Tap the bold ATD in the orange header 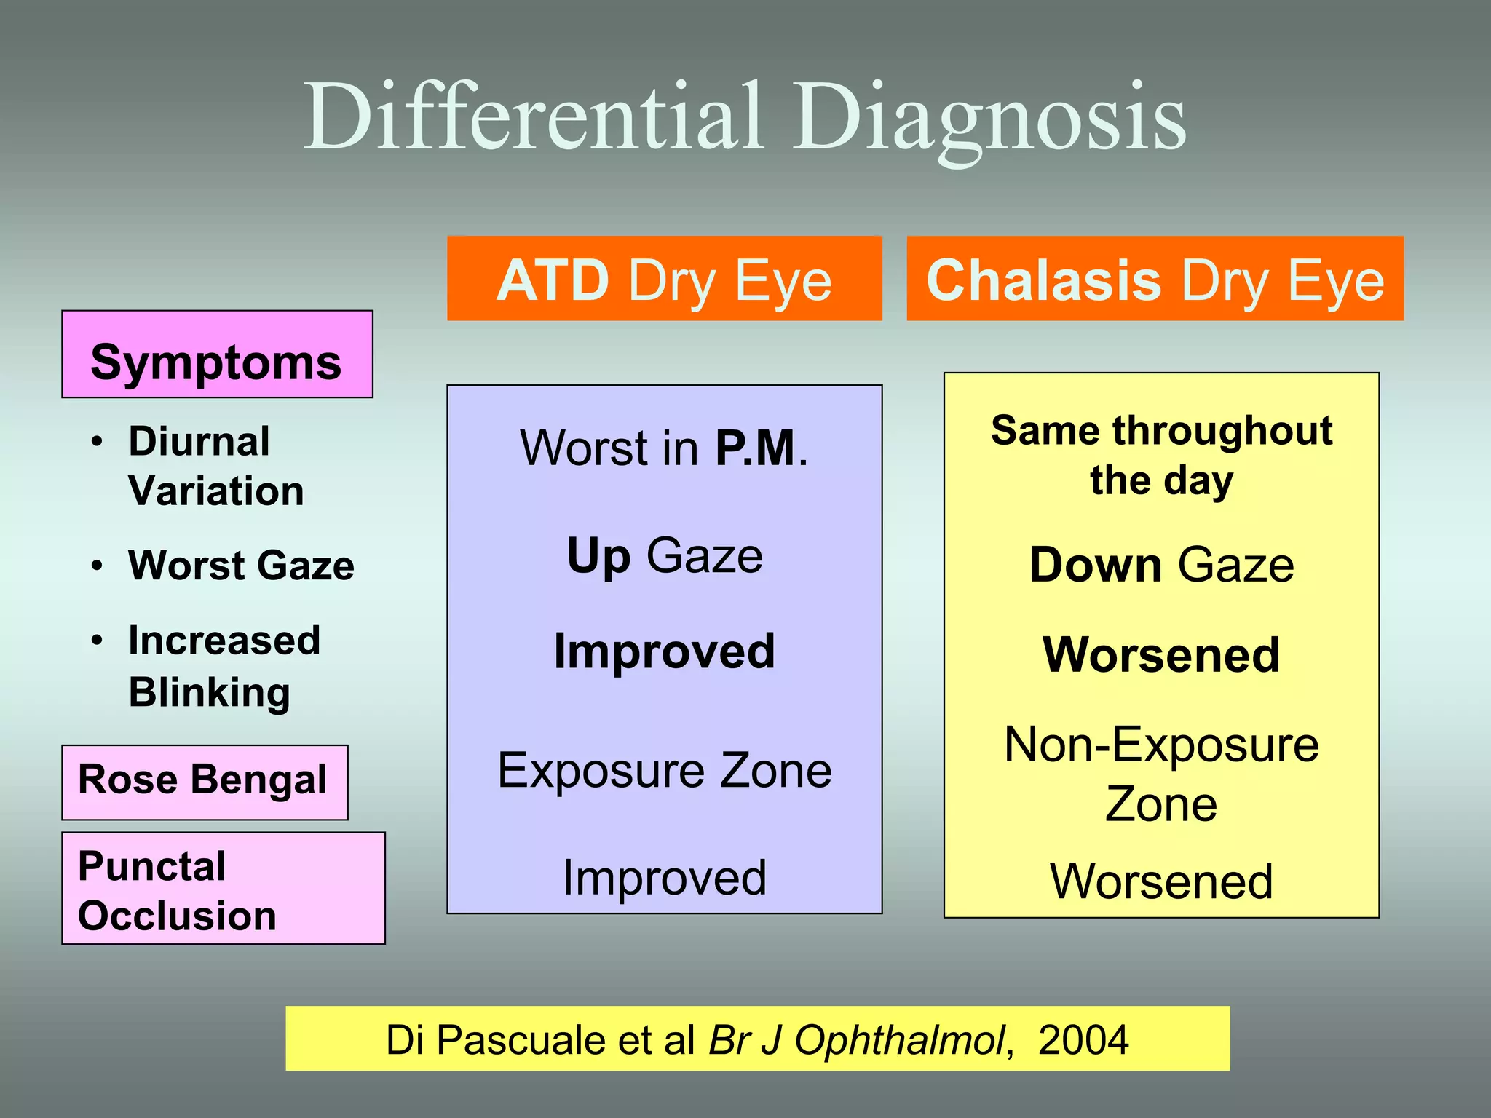pos(553,281)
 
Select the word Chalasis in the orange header pos(1043,281)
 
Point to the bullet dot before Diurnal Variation pos(98,442)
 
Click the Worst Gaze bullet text pos(241,566)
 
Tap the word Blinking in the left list pos(210,691)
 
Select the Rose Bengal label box pos(204,781)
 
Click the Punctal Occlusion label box pos(222,889)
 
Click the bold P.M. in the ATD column pos(756,448)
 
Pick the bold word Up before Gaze pos(598,557)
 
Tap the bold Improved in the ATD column pos(664,651)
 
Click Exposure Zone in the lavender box pos(664,770)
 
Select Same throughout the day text pos(1161,455)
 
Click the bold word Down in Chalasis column pos(1095,566)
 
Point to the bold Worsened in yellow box pos(1161,654)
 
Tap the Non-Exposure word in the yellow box pos(1161,745)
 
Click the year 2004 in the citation pos(1083,1039)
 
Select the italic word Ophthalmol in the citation pos(899,1039)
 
